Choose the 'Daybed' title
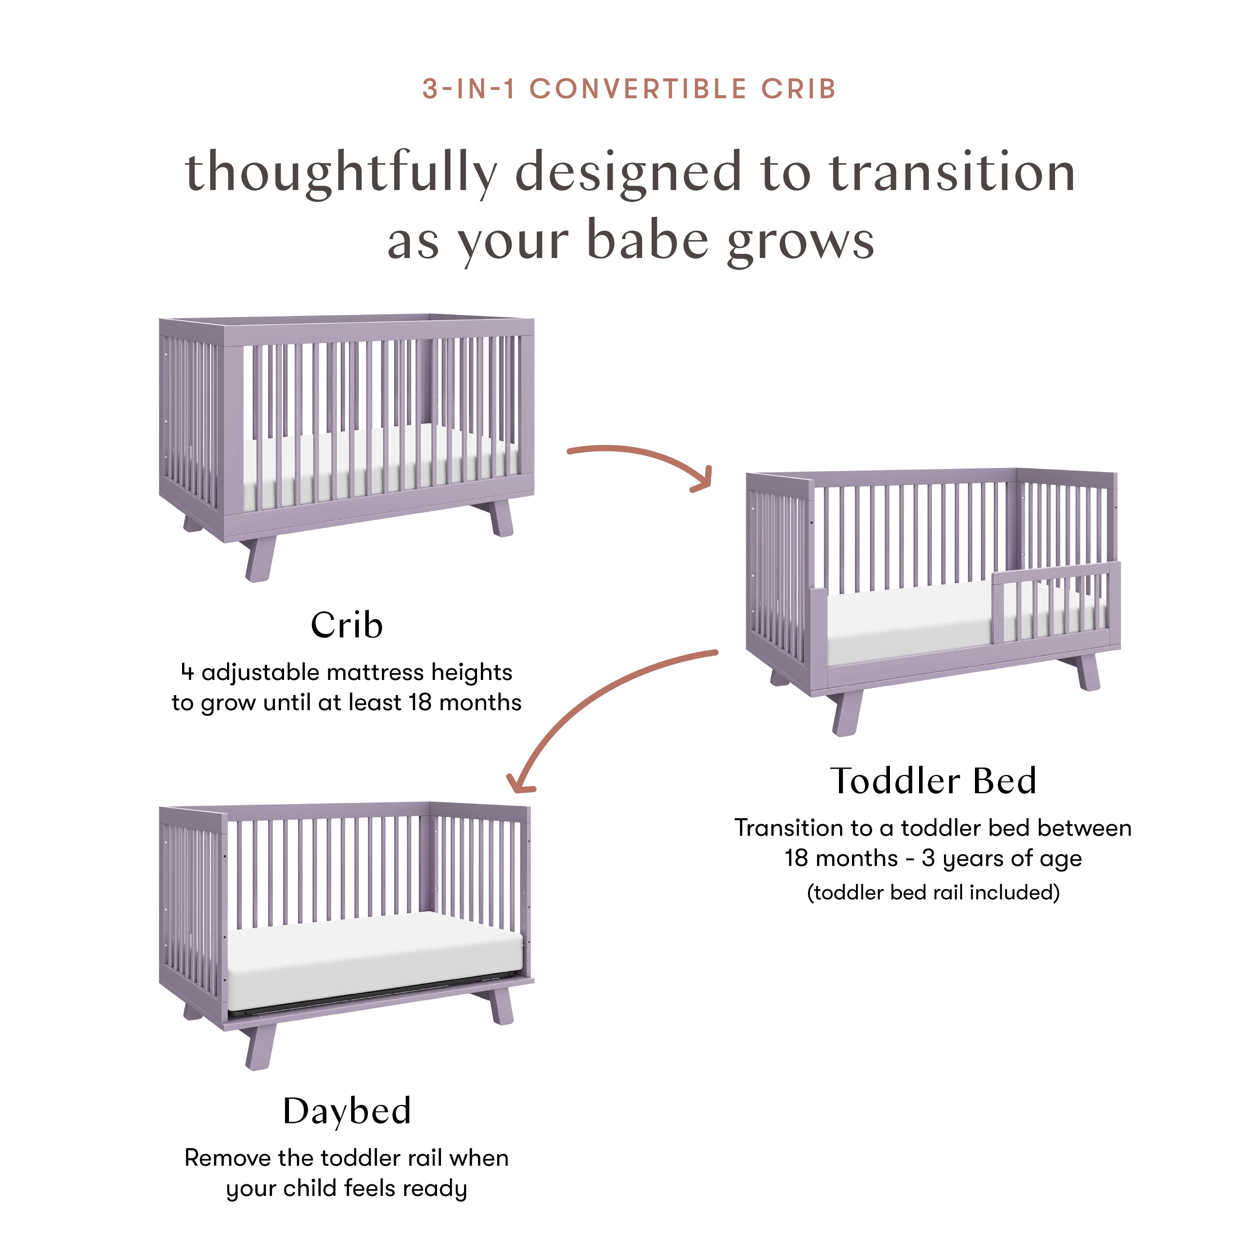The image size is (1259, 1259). pos(347,1111)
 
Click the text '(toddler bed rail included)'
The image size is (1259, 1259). pos(933,892)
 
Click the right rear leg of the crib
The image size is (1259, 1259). pos(501,518)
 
